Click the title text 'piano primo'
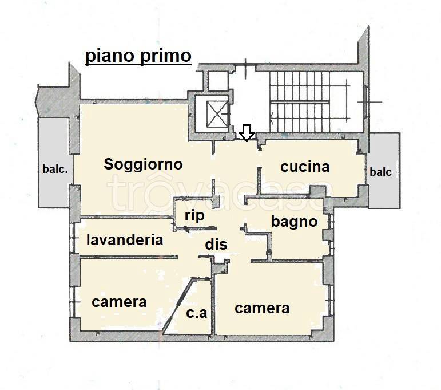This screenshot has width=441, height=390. pyautogui.click(x=138, y=57)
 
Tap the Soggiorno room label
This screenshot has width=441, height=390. pyautogui.click(x=143, y=164)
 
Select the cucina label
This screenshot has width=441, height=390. pyautogui.click(x=305, y=167)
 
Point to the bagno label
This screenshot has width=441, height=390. pyautogui.click(x=294, y=222)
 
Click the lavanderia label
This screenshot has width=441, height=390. pyautogui.click(x=125, y=240)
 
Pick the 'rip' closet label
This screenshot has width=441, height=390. pyautogui.click(x=194, y=216)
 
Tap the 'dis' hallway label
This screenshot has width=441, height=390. pyautogui.click(x=216, y=244)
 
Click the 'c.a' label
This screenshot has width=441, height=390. pyautogui.click(x=197, y=313)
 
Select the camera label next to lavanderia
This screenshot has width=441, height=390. pyautogui.click(x=119, y=302)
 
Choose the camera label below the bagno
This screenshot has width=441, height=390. pyautogui.click(x=262, y=308)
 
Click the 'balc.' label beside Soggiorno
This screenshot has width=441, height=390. pyautogui.click(x=55, y=169)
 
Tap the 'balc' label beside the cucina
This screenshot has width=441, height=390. pyautogui.click(x=380, y=172)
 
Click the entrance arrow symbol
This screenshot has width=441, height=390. pyautogui.click(x=247, y=133)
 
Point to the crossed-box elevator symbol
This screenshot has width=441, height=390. pyautogui.click(x=217, y=115)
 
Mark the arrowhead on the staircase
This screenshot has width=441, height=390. pyautogui.click(x=272, y=119)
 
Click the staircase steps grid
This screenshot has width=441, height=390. pyautogui.click(x=300, y=102)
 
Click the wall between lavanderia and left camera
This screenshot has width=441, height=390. pyautogui.click(x=129, y=257)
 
